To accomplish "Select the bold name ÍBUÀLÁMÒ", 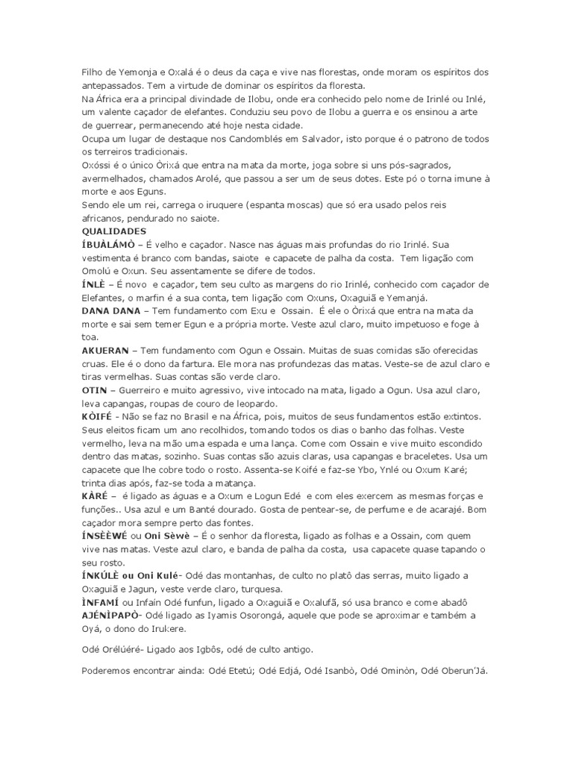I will (x=110, y=245).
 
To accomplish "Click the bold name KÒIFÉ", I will (x=97, y=416).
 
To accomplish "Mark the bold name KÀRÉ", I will (x=95, y=495).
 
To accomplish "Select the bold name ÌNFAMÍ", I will (x=101, y=602).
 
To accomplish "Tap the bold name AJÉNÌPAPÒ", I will (x=112, y=615).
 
